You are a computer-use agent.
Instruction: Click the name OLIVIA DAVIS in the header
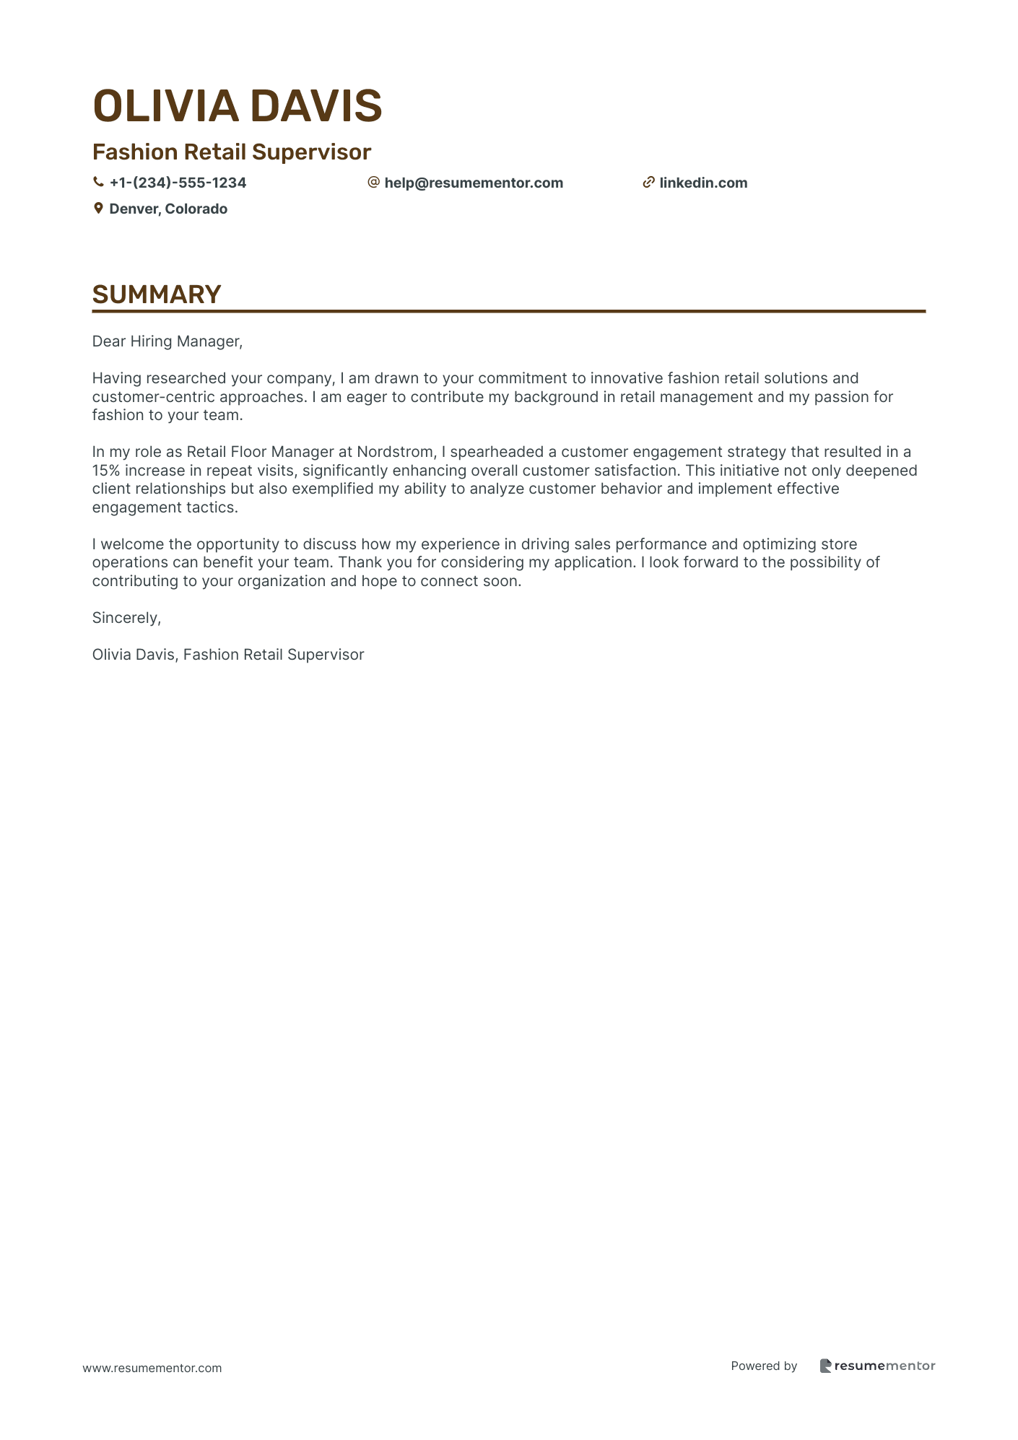[x=237, y=105]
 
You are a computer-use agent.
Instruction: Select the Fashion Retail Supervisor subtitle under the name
[x=231, y=152]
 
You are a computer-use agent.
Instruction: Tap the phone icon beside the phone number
[x=98, y=183]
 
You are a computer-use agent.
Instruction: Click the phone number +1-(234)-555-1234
[x=178, y=183]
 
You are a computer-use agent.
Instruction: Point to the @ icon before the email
[x=373, y=183]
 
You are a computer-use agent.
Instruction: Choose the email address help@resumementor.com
[x=474, y=183]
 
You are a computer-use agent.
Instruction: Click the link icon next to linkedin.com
[x=648, y=183]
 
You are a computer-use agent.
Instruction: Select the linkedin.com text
[x=703, y=183]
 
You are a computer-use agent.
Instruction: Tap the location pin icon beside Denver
[x=98, y=209]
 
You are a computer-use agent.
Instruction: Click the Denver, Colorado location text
[x=168, y=209]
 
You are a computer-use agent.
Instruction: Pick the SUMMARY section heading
[x=157, y=294]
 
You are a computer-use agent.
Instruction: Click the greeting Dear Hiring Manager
[x=168, y=341]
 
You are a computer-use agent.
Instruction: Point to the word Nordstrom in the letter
[x=396, y=452]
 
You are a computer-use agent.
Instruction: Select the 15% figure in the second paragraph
[x=106, y=471]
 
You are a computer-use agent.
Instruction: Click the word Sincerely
[x=126, y=618]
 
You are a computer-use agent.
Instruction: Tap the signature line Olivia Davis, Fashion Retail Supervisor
[x=228, y=655]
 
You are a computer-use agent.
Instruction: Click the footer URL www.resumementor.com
[x=152, y=1368]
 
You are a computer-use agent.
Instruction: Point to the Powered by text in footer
[x=764, y=1366]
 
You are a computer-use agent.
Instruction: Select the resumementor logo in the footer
[x=877, y=1366]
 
